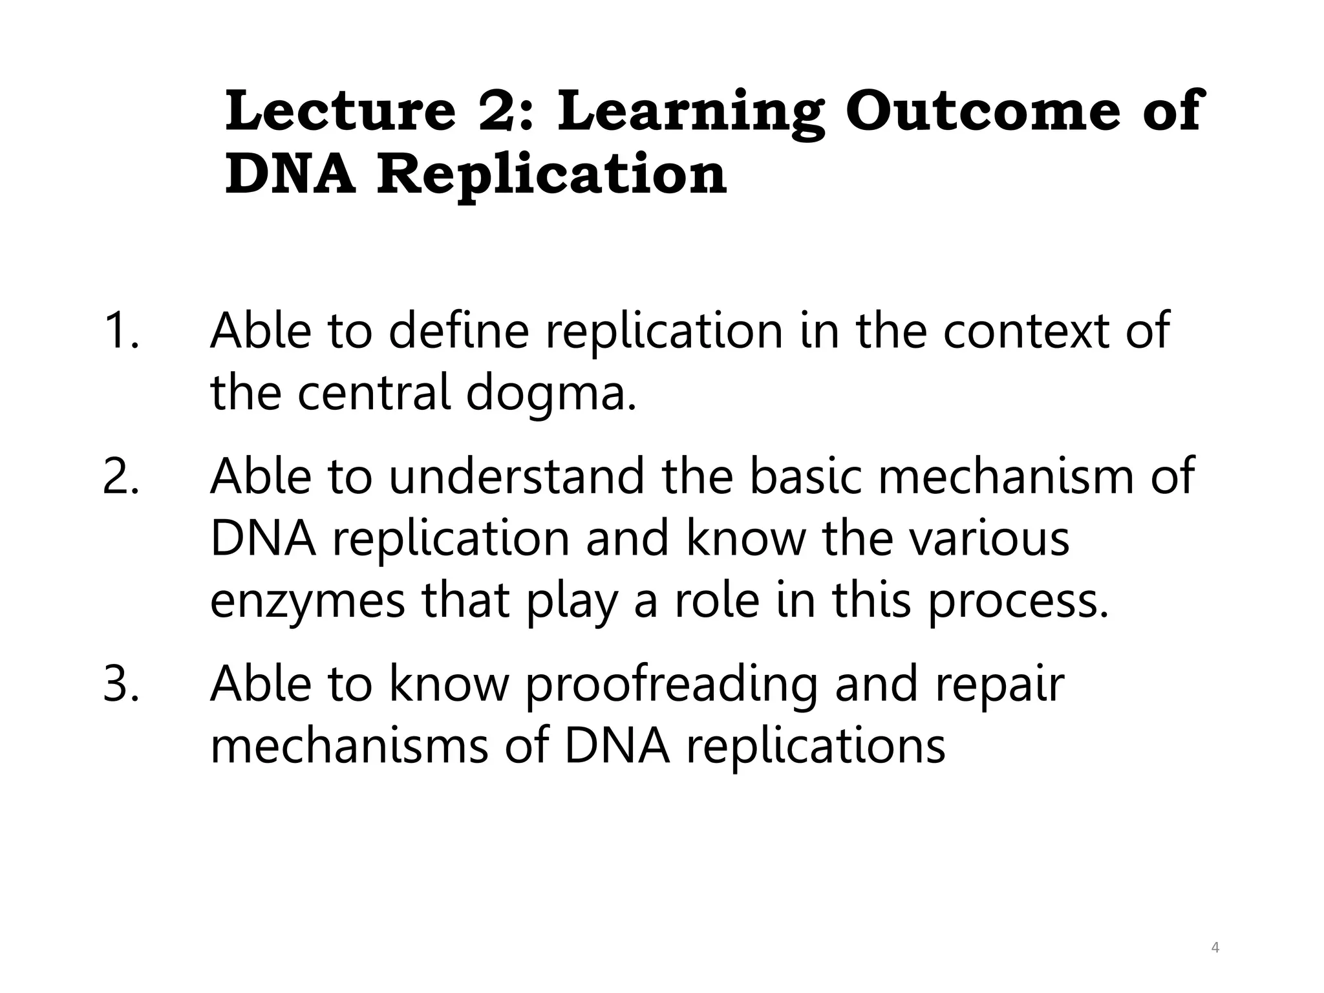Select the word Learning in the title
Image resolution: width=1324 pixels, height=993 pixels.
pos(690,114)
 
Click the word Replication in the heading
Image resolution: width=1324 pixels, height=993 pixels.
pos(551,176)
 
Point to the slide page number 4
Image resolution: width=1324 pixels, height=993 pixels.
pos(1215,948)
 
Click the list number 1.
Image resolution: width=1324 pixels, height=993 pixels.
pos(120,331)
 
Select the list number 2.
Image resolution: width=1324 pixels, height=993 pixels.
pos(120,476)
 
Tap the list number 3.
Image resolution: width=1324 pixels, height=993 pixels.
pos(120,684)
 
